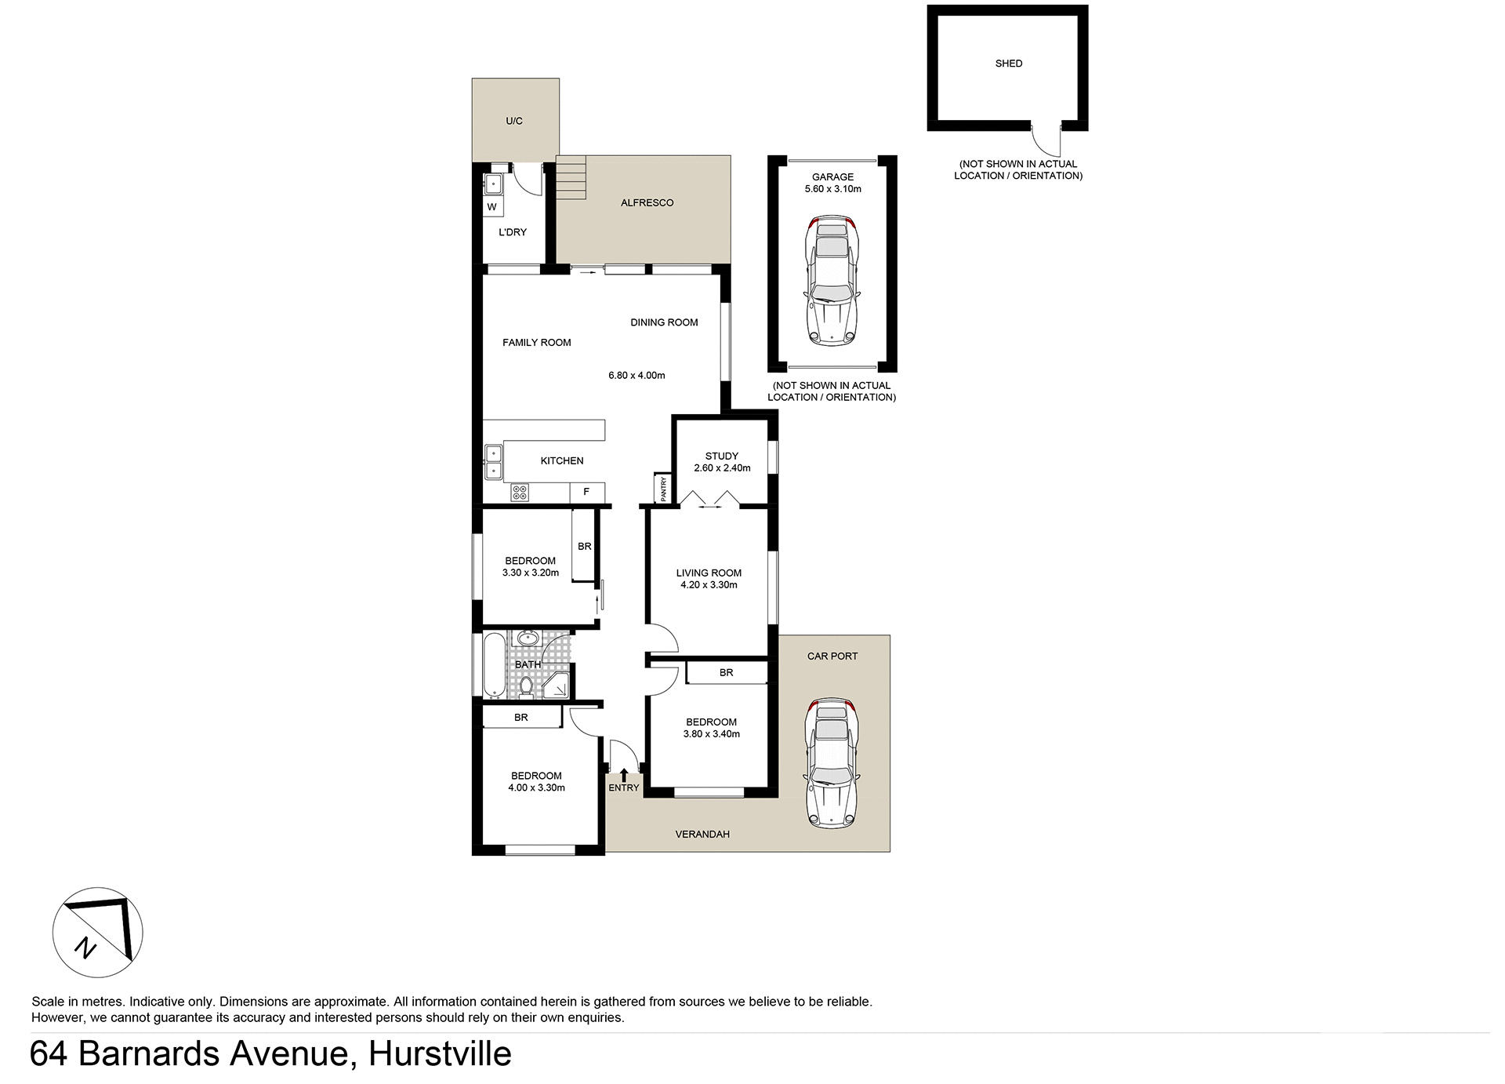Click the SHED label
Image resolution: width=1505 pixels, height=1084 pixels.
[1008, 64]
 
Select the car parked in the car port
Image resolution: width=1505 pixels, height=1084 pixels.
[832, 763]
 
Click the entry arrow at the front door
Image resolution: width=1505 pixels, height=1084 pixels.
[623, 775]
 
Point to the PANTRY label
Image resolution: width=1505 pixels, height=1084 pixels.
[663, 489]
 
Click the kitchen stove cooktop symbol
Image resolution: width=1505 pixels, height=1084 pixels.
[520, 493]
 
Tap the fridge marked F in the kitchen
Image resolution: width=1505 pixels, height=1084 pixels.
[586, 492]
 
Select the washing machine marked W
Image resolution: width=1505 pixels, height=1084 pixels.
[492, 207]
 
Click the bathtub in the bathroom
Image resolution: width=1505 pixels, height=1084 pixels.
[494, 665]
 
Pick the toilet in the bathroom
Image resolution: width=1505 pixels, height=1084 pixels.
[526, 688]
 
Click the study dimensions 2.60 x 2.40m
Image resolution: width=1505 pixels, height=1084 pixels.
[722, 468]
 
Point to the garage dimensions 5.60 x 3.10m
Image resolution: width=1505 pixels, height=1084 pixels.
[832, 189]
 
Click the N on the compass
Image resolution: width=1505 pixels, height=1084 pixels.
[85, 948]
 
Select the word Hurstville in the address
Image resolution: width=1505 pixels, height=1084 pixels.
[440, 1053]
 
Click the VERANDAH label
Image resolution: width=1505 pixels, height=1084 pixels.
[702, 834]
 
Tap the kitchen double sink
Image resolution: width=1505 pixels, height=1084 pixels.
[493, 462]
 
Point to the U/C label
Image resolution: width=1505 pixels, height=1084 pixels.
[514, 121]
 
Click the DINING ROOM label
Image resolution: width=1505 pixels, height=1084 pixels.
[664, 322]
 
